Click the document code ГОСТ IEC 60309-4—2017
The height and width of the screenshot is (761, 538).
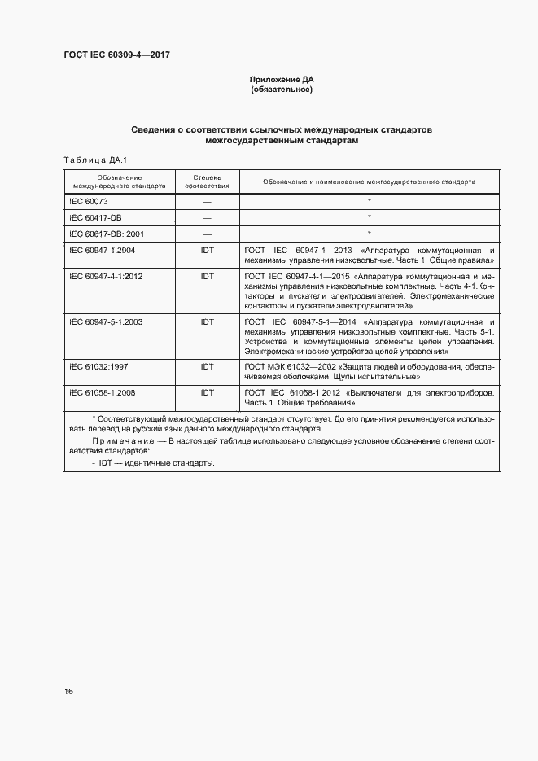116,55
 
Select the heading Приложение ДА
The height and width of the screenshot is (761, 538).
282,80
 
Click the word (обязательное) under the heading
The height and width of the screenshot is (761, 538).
282,90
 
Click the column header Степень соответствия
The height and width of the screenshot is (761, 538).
207,182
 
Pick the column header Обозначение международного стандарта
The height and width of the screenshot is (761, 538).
120,182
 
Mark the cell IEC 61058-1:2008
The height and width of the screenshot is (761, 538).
103,392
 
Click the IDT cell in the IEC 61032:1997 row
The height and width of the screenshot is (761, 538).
207,367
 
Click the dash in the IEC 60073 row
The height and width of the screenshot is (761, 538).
207,200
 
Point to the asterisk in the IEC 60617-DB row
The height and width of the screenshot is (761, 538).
369,234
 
